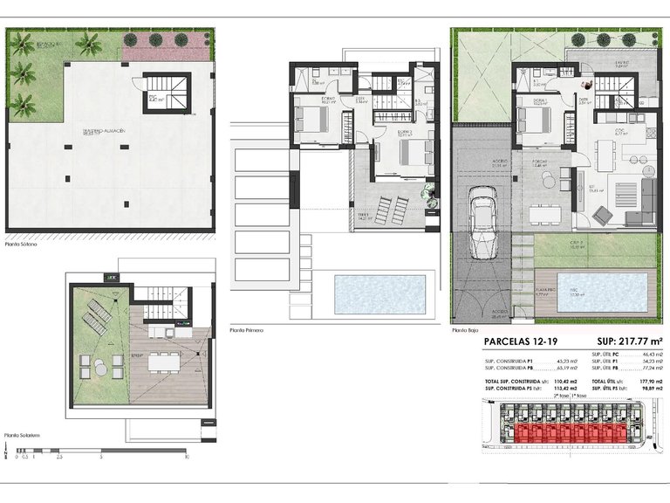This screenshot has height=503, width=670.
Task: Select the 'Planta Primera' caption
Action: point(247,331)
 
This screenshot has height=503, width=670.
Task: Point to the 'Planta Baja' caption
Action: point(465,331)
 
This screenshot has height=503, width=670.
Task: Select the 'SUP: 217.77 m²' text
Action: point(625,342)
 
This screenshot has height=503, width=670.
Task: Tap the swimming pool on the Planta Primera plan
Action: point(380,294)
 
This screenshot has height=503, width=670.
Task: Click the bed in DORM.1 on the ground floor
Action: point(530,123)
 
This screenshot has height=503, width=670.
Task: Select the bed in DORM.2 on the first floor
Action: point(410,152)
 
